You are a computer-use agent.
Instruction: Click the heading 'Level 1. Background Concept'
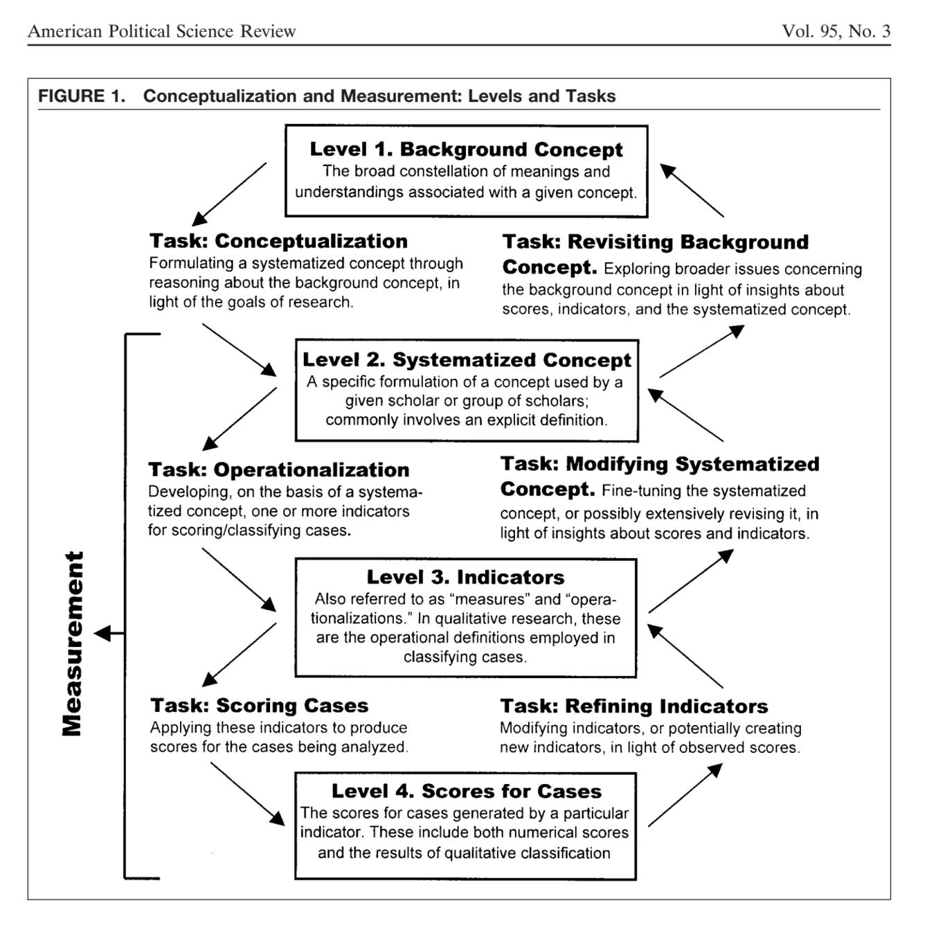click(x=466, y=150)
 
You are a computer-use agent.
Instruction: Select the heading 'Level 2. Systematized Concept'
click(x=467, y=360)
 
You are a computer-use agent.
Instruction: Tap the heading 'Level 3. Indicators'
click(x=465, y=577)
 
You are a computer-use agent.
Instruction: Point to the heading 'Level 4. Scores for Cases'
click(x=466, y=791)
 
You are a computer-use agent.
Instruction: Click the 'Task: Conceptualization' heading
click(x=278, y=241)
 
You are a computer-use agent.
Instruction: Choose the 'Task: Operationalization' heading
click(x=278, y=470)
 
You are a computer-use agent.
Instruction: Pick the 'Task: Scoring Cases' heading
click(x=259, y=705)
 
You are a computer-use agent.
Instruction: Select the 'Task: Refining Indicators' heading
click(x=633, y=706)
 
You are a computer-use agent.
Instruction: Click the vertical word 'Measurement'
click(x=73, y=643)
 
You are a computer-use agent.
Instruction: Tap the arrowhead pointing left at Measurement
click(x=102, y=633)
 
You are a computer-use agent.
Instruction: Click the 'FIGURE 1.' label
click(x=82, y=96)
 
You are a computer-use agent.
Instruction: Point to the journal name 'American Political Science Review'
click(x=161, y=31)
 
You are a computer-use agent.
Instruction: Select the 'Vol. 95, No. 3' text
click(x=836, y=31)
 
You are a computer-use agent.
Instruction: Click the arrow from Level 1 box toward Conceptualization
click(x=229, y=195)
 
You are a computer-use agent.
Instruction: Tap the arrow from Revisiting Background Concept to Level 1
click(x=692, y=190)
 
